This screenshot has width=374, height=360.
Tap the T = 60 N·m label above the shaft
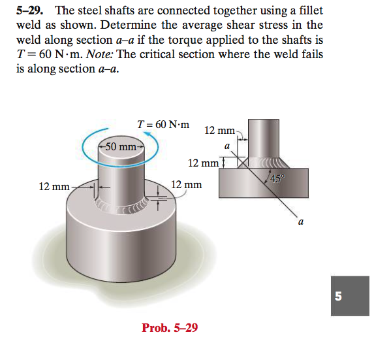pos(164,124)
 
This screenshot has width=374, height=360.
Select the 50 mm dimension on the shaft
pos(120,146)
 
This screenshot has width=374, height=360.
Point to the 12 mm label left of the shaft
pos(54,187)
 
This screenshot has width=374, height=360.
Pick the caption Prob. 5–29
pos(170,327)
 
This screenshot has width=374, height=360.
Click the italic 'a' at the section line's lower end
pos(300,223)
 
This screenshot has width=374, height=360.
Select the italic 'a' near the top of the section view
pos(226,146)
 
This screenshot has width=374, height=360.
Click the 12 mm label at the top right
pos(219,131)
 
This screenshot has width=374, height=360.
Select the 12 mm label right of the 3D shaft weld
pos(187,186)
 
